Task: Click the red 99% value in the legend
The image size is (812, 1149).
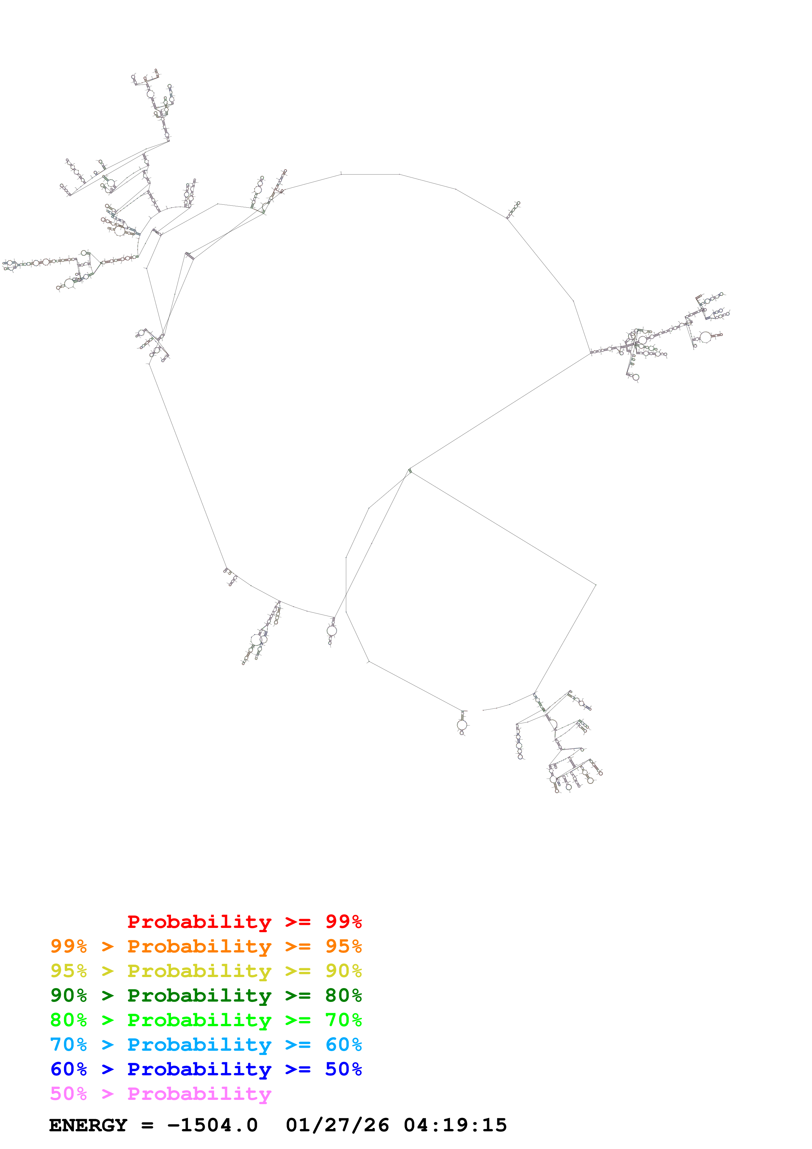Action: tap(343, 921)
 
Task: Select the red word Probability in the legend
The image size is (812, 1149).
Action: tap(199, 921)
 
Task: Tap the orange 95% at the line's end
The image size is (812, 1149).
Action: tap(343, 946)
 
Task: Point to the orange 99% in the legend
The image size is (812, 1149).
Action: tap(68, 946)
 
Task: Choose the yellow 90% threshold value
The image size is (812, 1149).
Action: tap(343, 970)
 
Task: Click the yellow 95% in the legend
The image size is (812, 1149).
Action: tap(68, 970)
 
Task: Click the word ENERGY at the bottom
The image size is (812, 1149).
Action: tap(88, 1125)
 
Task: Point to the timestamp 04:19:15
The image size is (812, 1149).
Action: tap(455, 1125)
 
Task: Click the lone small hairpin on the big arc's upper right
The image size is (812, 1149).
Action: tap(513, 210)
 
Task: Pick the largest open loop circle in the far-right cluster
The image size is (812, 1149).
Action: tap(706, 337)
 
